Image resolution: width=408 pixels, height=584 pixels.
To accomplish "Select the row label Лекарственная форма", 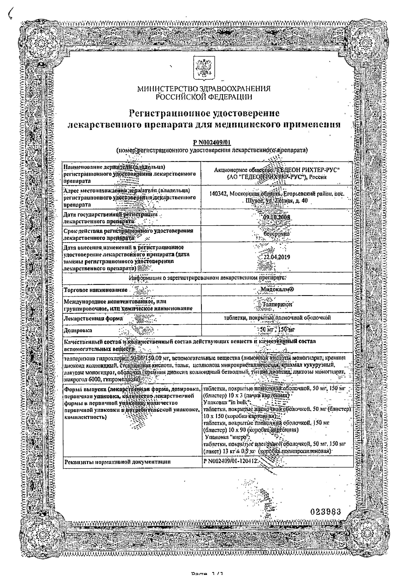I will tap(93, 318).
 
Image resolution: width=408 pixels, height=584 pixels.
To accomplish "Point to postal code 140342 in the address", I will tap(218, 194).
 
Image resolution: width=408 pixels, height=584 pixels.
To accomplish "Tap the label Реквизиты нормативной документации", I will tap(117, 462).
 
